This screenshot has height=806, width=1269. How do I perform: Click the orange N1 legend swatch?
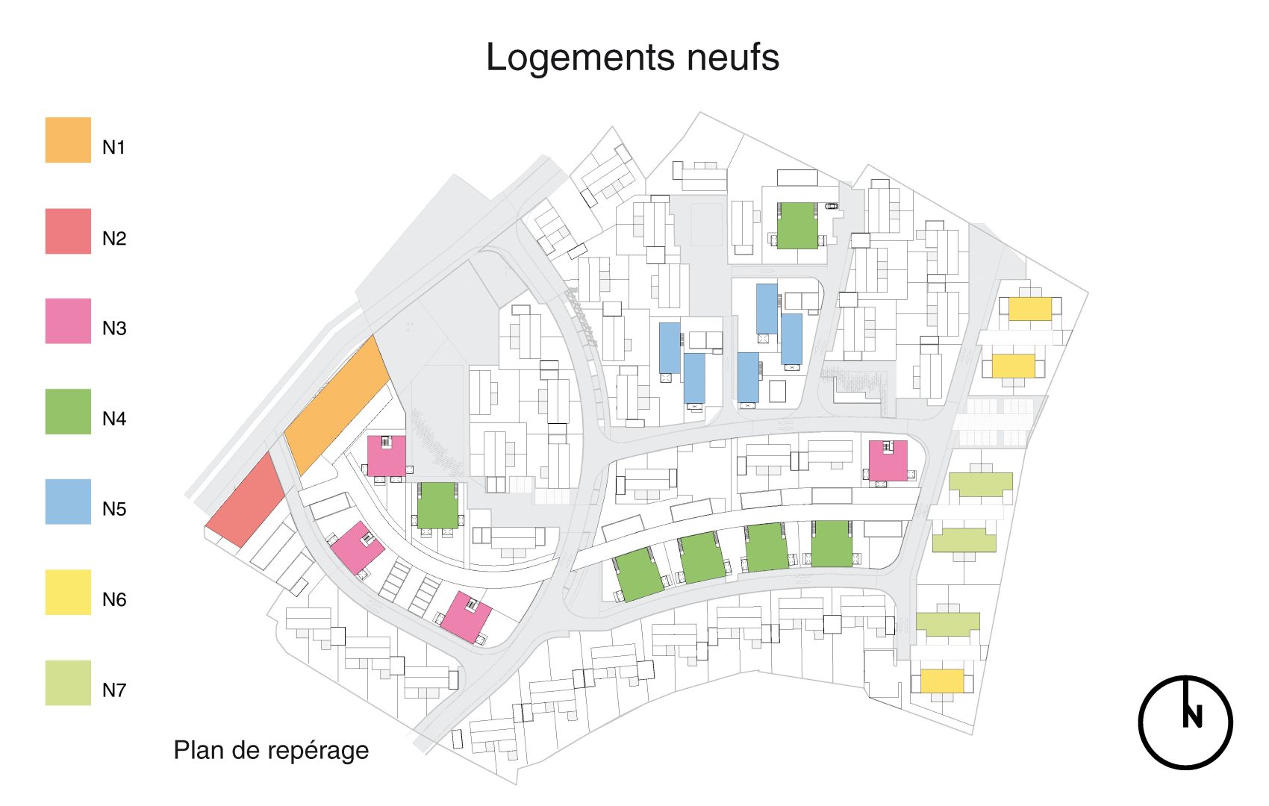[x=68, y=140]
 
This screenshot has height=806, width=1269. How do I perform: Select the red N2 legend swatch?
[x=68, y=231]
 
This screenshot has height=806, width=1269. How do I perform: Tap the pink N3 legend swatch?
[x=68, y=321]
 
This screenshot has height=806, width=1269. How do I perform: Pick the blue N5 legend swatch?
[x=68, y=502]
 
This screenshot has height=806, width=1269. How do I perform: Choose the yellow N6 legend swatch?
[x=68, y=593]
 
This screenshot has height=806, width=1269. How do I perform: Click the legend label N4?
[x=114, y=419]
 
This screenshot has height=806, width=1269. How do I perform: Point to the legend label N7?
[x=114, y=690]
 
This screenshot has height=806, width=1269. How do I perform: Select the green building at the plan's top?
[x=796, y=225]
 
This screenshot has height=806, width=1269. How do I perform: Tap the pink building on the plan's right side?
[x=888, y=461]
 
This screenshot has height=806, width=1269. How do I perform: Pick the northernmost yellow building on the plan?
[x=1030, y=308]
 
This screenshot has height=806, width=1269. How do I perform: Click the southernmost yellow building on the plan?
[x=942, y=681]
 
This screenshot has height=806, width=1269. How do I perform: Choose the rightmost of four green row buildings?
[x=832, y=543]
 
